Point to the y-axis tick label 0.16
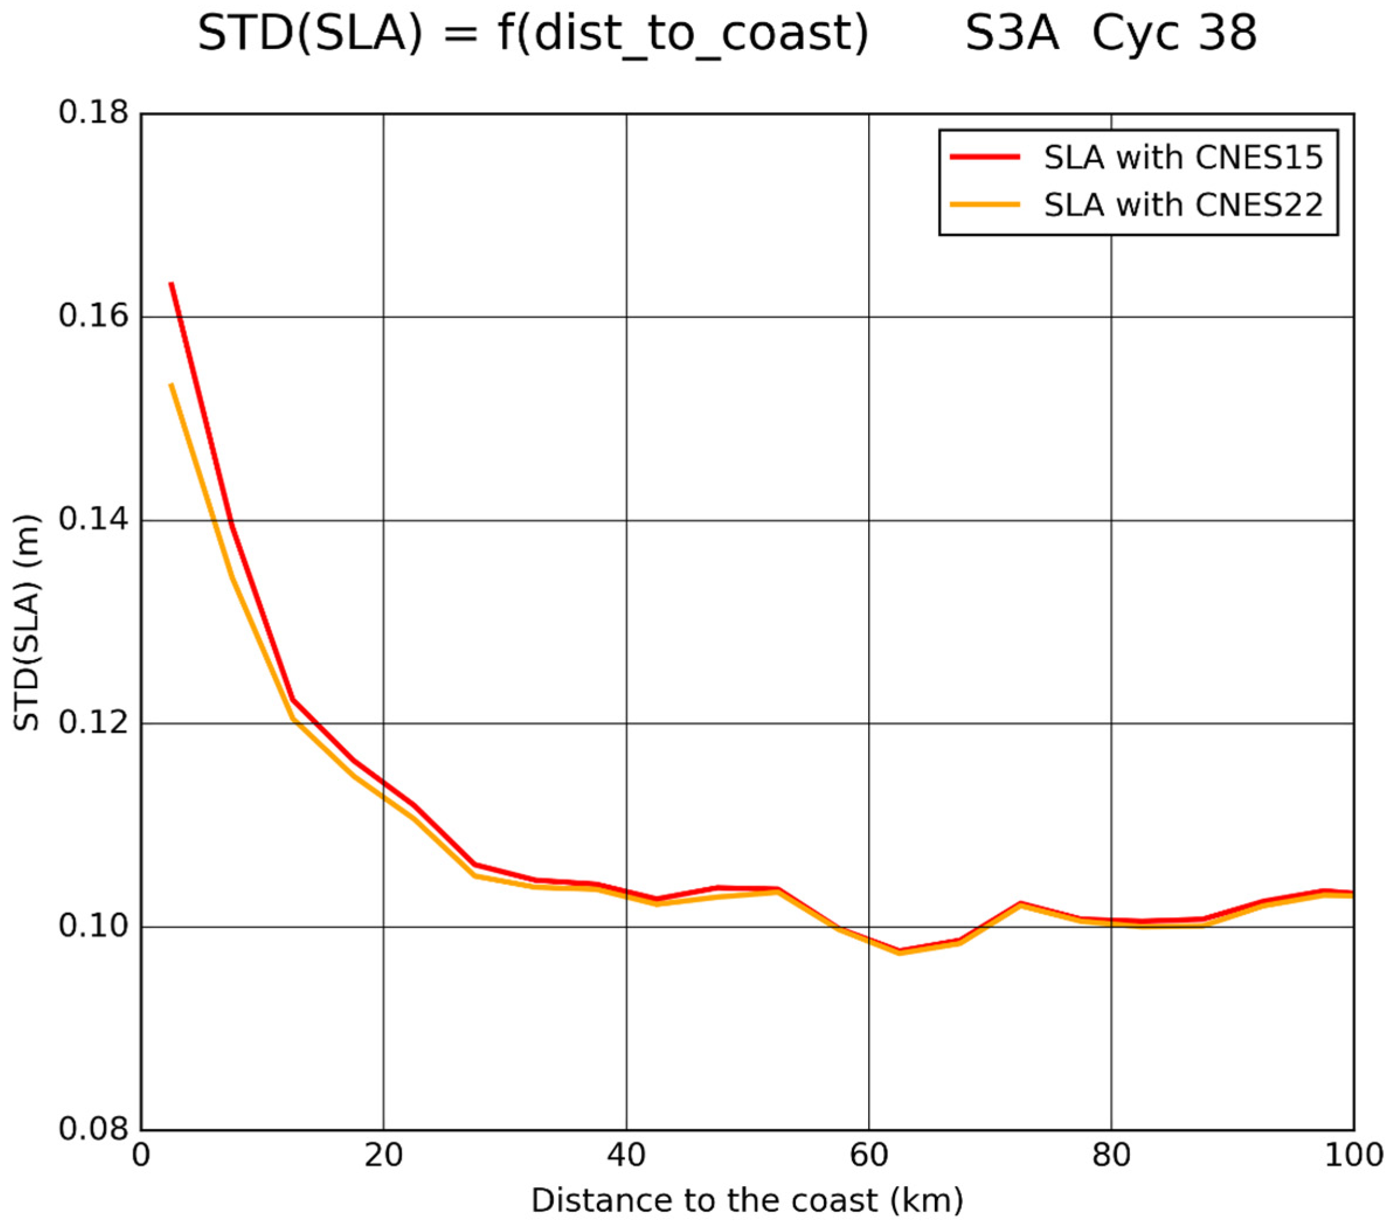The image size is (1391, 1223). (x=93, y=316)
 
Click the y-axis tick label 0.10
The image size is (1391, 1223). (x=93, y=926)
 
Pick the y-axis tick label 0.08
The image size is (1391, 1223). (x=93, y=1129)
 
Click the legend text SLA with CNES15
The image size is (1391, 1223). (x=1184, y=158)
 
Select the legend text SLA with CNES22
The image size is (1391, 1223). (x=1184, y=204)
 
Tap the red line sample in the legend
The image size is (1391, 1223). (x=985, y=156)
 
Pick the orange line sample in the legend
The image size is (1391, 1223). (x=985, y=203)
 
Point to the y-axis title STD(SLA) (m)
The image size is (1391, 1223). (x=27, y=622)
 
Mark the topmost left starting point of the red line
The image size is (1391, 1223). (x=172, y=284)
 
